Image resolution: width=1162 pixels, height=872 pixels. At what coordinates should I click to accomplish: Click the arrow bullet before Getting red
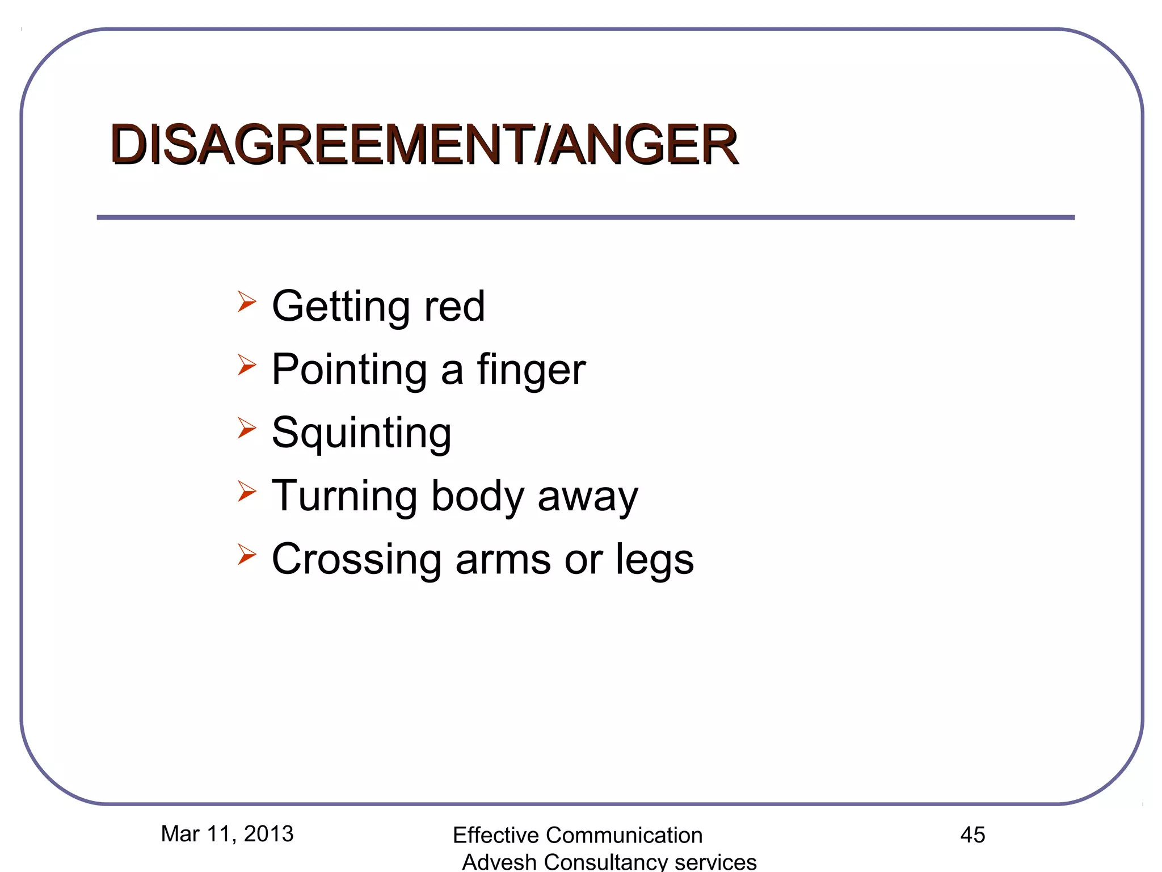[247, 301]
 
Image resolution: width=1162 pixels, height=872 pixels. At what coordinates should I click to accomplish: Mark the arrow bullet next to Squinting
[247, 427]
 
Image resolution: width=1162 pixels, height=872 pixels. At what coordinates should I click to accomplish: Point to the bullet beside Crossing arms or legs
[247, 554]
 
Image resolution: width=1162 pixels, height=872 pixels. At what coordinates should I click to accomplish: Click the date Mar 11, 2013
[227, 834]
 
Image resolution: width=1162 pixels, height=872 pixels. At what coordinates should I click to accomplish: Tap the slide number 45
[972, 835]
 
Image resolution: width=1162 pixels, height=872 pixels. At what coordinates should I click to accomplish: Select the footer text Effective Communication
[578, 836]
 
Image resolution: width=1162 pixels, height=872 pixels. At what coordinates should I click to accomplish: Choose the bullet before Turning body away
[247, 491]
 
